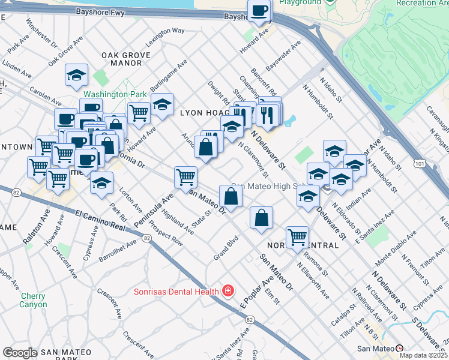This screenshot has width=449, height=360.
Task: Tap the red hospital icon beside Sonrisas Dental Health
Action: click(x=228, y=292)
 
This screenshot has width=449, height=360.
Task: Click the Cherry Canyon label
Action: click(x=33, y=300)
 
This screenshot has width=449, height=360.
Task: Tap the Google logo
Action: click(x=20, y=353)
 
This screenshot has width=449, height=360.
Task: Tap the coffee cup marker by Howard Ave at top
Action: click(x=259, y=11)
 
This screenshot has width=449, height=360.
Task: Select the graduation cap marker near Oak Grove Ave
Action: click(x=76, y=75)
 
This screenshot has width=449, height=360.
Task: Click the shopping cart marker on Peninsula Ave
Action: click(x=186, y=177)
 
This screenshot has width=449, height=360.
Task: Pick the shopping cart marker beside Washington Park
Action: click(x=139, y=112)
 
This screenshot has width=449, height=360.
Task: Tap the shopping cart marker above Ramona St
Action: click(x=297, y=237)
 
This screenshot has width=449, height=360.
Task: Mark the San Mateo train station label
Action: click(x=376, y=349)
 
